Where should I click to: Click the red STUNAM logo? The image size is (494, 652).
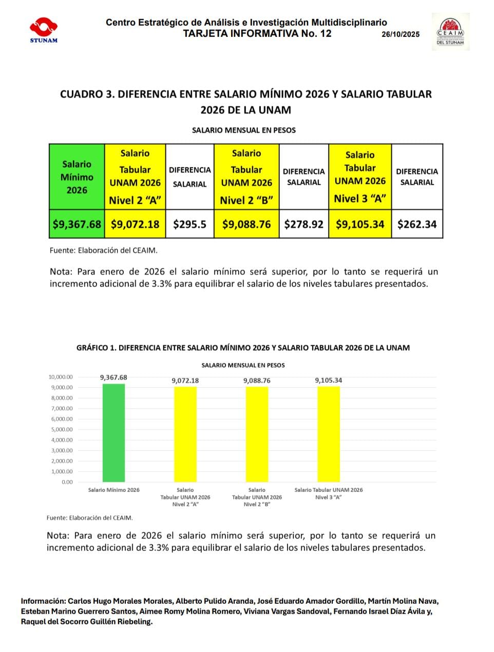tap(44, 30)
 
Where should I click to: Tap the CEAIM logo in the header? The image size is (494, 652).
tap(450, 32)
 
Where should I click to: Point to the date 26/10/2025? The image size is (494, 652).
tap(401, 34)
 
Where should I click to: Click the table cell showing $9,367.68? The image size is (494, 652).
tap(77, 224)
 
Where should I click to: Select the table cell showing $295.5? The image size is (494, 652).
tap(189, 224)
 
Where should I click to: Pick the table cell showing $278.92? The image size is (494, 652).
tap(304, 224)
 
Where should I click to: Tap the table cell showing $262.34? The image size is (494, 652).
tap(417, 224)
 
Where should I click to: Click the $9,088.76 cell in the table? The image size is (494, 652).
tap(246, 224)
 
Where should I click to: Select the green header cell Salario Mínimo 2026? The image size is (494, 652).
tap(77, 177)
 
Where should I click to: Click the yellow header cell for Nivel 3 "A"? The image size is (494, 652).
tap(360, 177)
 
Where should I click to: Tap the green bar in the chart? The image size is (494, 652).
tap(113, 433)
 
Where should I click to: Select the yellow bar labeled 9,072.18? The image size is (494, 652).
tap(185, 435)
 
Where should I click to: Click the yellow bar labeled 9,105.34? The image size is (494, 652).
tap(329, 435)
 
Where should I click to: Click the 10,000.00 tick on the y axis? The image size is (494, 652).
tap(61, 377)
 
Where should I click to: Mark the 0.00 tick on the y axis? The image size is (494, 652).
tap(67, 482)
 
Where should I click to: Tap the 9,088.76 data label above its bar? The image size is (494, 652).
tap(257, 381)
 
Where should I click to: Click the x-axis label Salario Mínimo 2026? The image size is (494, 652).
tap(113, 490)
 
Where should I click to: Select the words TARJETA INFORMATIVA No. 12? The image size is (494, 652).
tap(257, 34)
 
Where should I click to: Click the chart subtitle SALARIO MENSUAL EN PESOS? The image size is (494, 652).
tap(243, 365)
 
